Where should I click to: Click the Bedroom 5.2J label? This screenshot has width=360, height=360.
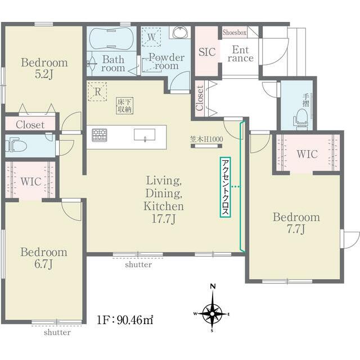[44, 68]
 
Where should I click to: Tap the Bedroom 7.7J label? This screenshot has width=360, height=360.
[296, 223]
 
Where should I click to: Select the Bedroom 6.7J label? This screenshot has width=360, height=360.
[44, 258]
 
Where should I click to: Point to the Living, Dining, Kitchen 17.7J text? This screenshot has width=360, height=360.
[164, 199]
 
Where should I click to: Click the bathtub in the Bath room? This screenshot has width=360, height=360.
[111, 39]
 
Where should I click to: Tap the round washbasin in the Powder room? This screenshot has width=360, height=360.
[181, 33]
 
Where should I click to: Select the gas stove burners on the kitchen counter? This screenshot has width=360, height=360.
[100, 135]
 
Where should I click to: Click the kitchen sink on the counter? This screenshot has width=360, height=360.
[145, 135]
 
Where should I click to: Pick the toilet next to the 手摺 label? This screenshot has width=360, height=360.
[300, 117]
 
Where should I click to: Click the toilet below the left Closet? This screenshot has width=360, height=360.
[16, 145]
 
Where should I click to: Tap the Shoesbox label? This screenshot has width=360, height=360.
[235, 33]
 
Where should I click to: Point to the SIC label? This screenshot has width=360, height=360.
[207, 52]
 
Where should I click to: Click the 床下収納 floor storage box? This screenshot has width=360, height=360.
[125, 106]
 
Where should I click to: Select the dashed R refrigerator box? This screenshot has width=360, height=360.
[97, 91]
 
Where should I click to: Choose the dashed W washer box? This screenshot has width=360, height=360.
[151, 37]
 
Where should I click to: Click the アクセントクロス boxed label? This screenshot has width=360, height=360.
[225, 187]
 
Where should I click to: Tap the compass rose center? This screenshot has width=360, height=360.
[213, 314]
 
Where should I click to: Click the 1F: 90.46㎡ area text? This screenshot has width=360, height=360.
[125, 320]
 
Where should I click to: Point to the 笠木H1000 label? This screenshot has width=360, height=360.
[206, 139]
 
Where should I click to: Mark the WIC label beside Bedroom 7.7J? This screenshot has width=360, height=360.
[307, 154]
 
